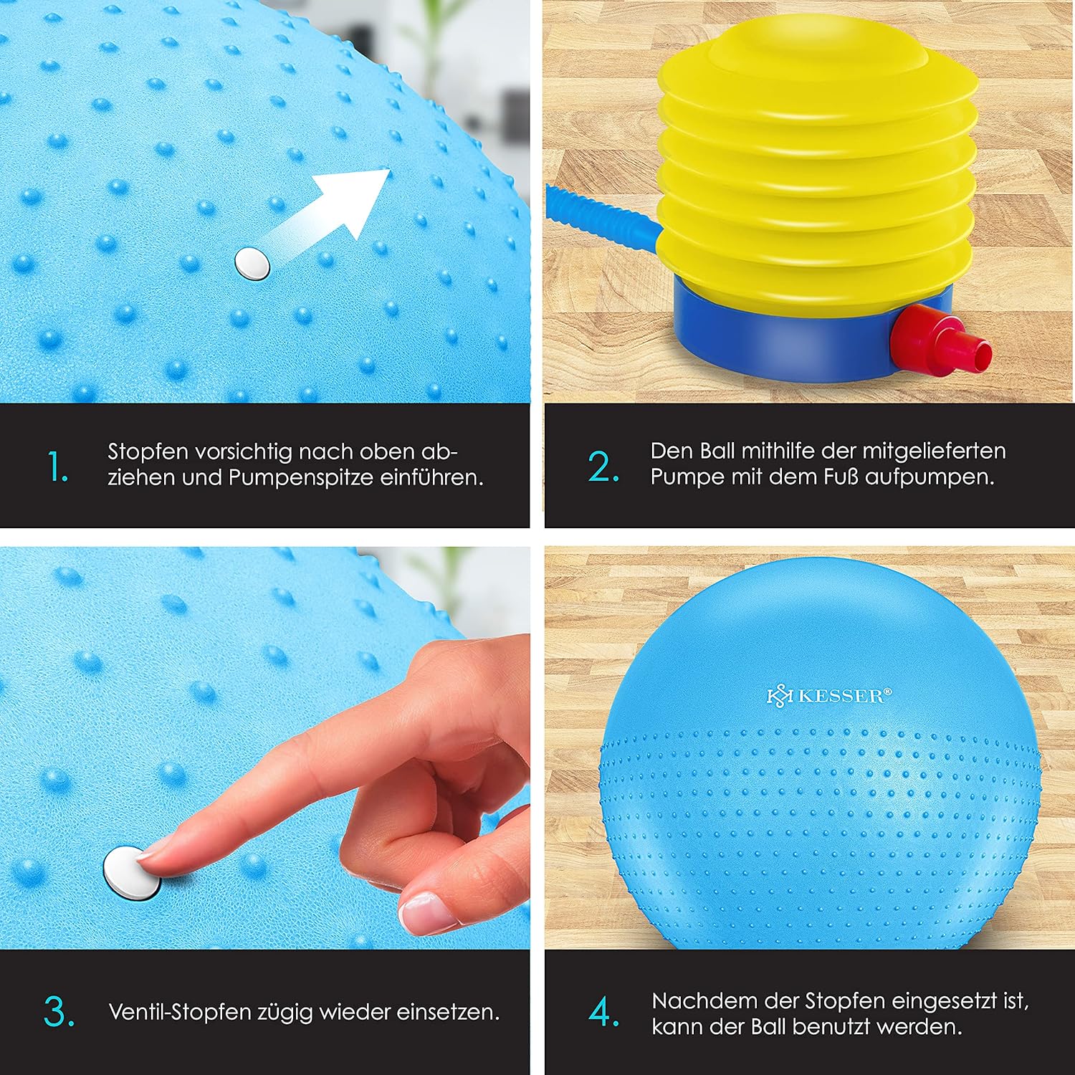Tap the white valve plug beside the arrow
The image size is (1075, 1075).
click(252, 263)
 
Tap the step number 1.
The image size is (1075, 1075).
click(57, 467)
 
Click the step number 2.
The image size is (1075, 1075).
click(603, 467)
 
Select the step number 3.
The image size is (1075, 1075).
click(59, 1012)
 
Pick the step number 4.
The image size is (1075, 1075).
click(603, 1012)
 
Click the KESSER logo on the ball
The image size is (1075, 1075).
click(829, 696)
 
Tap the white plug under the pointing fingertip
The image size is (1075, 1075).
click(132, 873)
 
